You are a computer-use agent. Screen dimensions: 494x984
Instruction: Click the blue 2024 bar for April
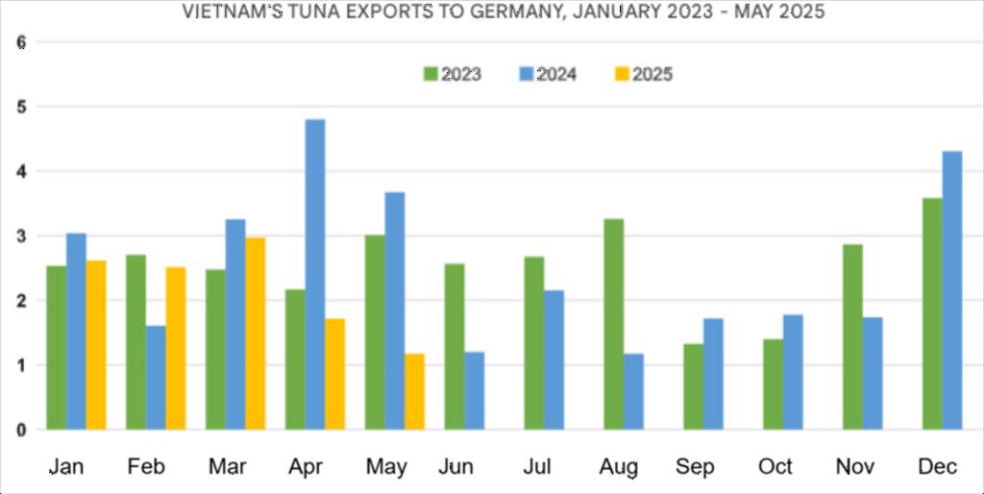314,274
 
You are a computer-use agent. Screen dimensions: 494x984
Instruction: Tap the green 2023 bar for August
613,324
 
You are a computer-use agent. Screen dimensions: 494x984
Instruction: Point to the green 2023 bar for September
693,386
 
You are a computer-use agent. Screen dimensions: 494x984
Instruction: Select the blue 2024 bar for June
474,390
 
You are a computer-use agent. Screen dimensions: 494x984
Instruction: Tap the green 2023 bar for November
851,336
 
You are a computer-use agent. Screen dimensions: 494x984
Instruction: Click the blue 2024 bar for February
156,378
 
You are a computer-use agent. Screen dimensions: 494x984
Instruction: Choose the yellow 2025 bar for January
96,345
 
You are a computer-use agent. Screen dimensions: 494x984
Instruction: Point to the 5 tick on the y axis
22,107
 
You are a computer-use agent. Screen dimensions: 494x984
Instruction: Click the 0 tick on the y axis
22,430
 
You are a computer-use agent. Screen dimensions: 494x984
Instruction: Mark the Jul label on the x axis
538,467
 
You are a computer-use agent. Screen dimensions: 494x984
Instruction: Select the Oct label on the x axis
775,467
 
